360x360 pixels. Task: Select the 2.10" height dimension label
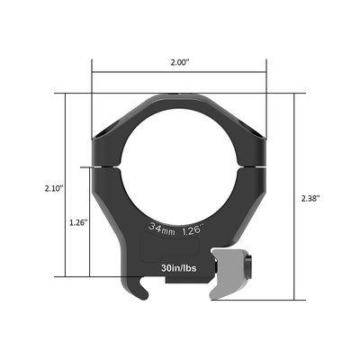click(53, 189)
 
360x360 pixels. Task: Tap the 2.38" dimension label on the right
click(310, 195)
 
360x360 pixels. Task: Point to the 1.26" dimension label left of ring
click(77, 222)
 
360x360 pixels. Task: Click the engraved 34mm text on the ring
click(163, 229)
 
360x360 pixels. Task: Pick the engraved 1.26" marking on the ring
click(193, 229)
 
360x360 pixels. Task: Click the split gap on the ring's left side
click(100, 166)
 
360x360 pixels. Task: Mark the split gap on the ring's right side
click(259, 166)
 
